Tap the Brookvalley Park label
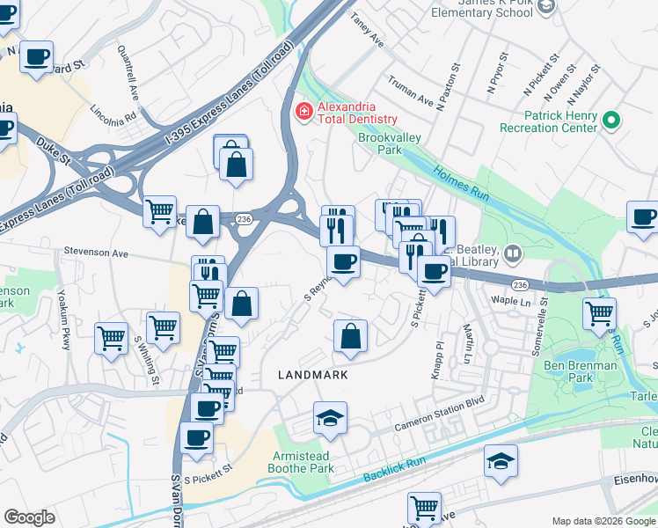[x=390, y=144]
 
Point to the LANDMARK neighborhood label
[x=312, y=374]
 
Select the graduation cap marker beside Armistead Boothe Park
[x=331, y=419]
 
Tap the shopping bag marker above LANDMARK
[x=350, y=336]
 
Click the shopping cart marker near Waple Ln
[x=599, y=313]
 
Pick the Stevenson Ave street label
[x=95, y=253]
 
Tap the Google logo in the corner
[x=29, y=517]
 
